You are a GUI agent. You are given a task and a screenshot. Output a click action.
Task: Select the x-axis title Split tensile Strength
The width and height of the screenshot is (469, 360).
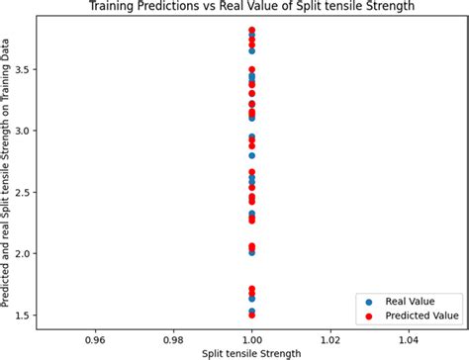pos(252,352)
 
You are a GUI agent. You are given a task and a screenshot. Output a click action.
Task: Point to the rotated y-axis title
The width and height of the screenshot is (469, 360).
pos(9,178)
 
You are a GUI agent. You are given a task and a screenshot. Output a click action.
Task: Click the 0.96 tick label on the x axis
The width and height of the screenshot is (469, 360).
pos(95,336)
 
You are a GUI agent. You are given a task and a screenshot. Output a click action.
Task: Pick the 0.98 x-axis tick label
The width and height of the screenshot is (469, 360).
pos(173,336)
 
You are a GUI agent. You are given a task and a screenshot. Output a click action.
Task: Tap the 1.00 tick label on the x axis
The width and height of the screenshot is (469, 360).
pos(252,336)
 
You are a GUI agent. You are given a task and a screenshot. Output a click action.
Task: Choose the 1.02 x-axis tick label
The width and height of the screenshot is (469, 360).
pos(330,336)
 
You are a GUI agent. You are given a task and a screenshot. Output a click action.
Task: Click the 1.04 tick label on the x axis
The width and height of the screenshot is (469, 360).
pos(409,336)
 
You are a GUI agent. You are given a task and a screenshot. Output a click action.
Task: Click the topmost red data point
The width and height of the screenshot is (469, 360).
pos(252,31)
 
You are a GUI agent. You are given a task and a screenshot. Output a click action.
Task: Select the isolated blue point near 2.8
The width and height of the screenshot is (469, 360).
pos(252,155)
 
